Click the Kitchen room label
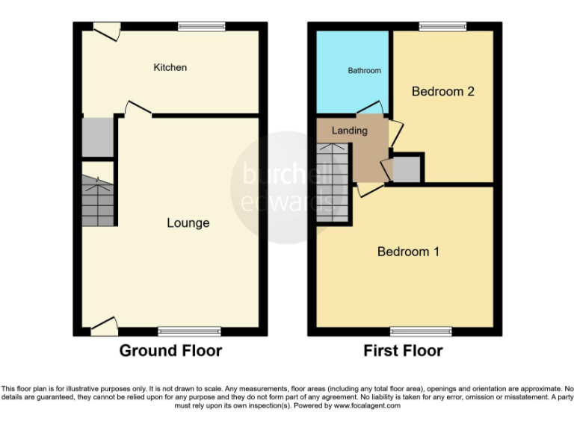pos(170,68)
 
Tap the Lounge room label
pos(188,222)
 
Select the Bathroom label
pos(364,71)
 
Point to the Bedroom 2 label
pos(443,92)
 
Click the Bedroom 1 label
pos(408,252)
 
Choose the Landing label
pos(349,131)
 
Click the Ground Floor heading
pos(170,351)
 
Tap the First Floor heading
pos(403,351)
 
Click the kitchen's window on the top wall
pos(201,27)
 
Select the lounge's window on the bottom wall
pos(189,331)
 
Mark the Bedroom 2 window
pos(437,27)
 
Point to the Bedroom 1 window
pos(420,331)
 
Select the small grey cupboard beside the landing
pos(406,169)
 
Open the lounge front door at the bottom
pos(105,325)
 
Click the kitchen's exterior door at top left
pos(107,31)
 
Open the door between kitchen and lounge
pos(138,110)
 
